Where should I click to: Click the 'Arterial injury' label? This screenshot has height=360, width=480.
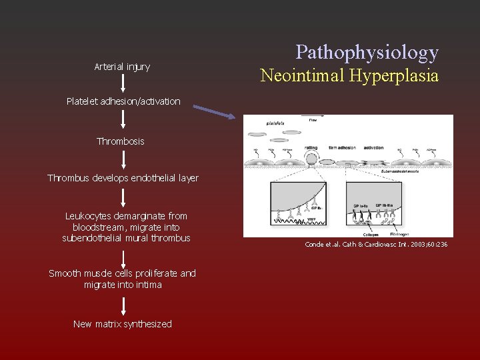coord(122,67)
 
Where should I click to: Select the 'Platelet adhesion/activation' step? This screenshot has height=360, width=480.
coord(123,101)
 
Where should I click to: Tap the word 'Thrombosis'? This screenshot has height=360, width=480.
coord(121,141)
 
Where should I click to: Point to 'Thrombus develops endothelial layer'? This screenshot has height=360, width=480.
coord(123,178)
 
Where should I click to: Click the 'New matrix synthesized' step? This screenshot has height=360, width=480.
coord(123,324)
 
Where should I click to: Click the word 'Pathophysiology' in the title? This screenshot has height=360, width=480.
coord(367,52)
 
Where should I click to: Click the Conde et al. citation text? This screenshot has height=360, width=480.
coord(376,245)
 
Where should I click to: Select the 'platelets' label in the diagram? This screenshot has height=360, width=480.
coord(275,123)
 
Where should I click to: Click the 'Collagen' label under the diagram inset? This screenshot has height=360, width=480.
coord(362,233)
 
